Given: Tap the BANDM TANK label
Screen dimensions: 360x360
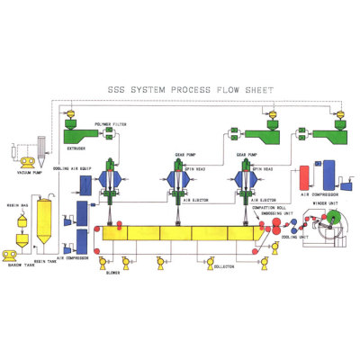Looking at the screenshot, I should pos(21,265).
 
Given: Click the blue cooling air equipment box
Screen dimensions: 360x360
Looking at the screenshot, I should pos(85,184).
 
